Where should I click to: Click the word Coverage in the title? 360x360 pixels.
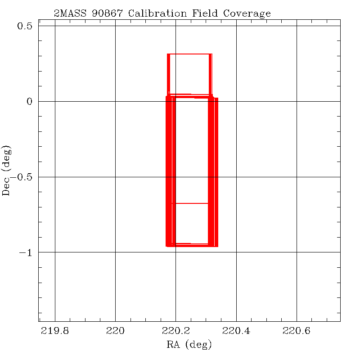point(249,13)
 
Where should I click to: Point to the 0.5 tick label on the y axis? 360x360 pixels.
point(25,26)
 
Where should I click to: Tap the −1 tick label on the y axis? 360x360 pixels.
point(26,252)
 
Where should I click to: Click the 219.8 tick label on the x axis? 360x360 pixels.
point(55,332)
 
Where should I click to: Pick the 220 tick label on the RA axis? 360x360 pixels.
point(115,332)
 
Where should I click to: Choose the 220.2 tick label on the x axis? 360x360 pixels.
point(175,332)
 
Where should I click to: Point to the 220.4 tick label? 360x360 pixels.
point(236,332)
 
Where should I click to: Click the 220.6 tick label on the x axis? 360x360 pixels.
point(296,332)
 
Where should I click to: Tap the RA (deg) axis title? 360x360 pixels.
point(189,345)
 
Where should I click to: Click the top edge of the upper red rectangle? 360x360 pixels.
point(189,54)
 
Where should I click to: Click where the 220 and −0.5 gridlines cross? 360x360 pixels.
point(115,177)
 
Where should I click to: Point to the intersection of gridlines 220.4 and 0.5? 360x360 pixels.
point(236,26)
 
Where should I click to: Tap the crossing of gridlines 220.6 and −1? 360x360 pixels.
point(296,252)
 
